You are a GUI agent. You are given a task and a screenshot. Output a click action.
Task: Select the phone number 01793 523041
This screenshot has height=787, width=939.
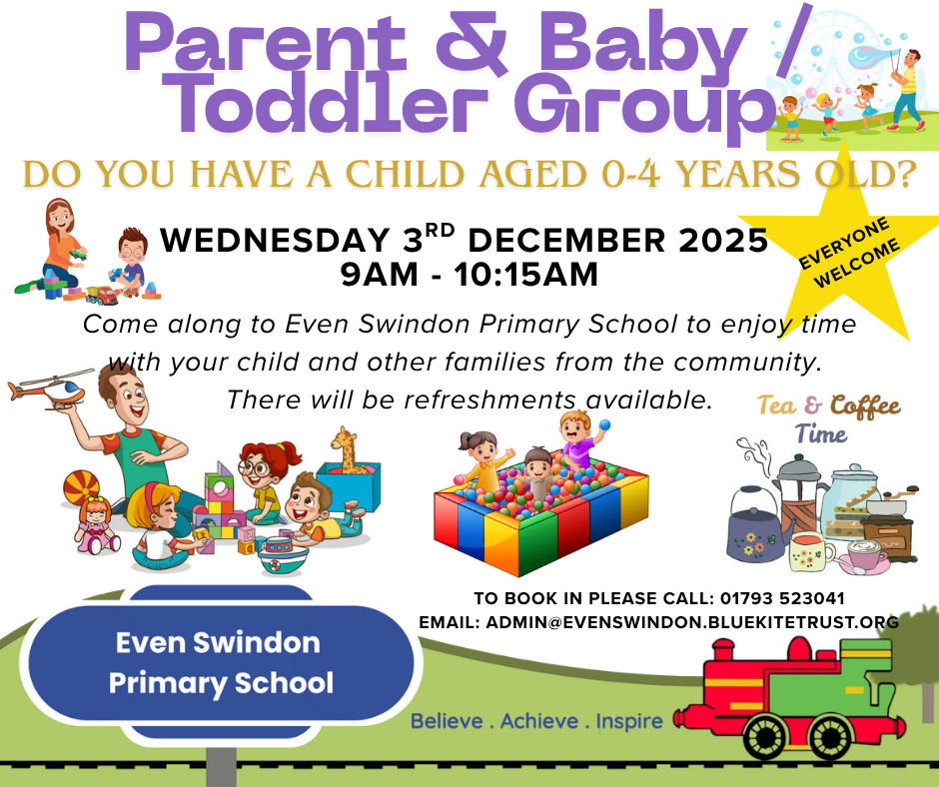pyautogui.click(x=782, y=598)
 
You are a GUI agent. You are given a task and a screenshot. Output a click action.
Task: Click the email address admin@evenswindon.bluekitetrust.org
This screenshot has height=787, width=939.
pyautogui.click(x=691, y=622)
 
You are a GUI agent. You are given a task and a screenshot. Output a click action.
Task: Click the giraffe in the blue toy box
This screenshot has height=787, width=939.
pyautogui.click(x=346, y=449)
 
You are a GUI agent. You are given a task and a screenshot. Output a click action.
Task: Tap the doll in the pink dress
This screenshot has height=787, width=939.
pyautogui.click(x=96, y=524)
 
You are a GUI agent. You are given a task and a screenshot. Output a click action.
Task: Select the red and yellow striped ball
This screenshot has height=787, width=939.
pyautogui.click(x=82, y=488)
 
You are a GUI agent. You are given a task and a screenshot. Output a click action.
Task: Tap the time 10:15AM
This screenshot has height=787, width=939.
pyautogui.click(x=525, y=276)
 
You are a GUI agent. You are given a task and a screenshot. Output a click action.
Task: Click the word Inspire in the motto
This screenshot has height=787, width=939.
pyautogui.click(x=629, y=721)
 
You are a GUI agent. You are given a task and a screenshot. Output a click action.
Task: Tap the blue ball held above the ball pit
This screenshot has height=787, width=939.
pyautogui.click(x=604, y=425)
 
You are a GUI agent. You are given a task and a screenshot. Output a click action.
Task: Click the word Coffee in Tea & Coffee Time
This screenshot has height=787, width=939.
pyautogui.click(x=865, y=407)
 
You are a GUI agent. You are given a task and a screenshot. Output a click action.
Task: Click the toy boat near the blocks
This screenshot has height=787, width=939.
pyautogui.click(x=283, y=555)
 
